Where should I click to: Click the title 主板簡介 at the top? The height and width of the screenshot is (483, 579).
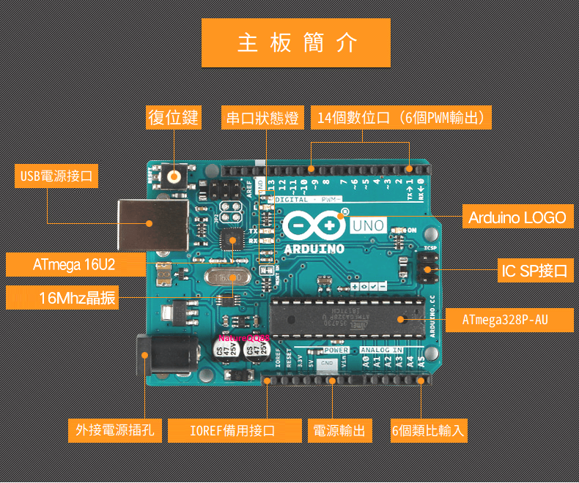pos(296,43)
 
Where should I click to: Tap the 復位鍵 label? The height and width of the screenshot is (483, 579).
pos(174,118)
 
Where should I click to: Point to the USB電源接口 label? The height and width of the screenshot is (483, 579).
pos(56,176)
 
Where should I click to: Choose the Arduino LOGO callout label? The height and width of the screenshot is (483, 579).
pos(517,217)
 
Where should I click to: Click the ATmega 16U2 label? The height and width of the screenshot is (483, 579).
pos(74,264)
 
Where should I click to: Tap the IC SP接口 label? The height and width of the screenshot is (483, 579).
pos(534,271)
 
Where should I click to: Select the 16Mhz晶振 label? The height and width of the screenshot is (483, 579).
pos(63,297)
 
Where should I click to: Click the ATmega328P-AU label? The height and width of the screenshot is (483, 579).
pos(506,320)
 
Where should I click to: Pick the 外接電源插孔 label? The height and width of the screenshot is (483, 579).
pos(115,430)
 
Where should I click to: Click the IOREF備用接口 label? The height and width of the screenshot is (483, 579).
pos(235,430)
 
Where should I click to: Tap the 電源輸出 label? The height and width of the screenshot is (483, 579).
pos(340,430)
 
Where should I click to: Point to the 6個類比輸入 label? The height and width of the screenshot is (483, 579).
pos(429,430)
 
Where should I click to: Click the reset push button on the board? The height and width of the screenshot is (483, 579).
pos(174,176)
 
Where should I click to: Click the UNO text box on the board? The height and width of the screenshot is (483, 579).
pos(367,225)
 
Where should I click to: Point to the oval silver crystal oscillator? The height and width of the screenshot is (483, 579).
pos(227,278)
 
